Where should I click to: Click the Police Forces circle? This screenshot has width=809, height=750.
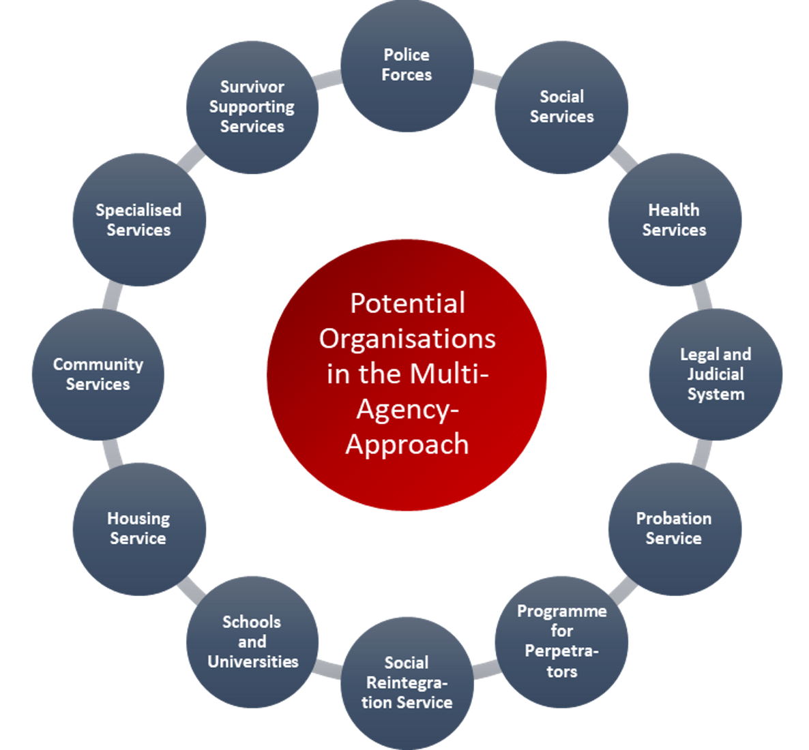click(407, 65)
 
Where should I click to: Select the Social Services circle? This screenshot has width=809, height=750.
click(561, 107)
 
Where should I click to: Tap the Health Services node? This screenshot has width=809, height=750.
click(674, 220)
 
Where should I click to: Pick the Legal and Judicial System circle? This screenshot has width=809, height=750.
click(715, 374)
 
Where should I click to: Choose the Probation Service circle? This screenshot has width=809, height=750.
click(674, 528)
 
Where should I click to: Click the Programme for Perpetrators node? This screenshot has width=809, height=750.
click(561, 641)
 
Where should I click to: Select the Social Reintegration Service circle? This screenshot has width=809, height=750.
click(407, 682)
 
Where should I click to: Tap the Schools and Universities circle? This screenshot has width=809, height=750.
click(252, 641)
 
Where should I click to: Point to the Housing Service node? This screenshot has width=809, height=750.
click(138, 528)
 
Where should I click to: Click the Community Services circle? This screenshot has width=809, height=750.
click(98, 374)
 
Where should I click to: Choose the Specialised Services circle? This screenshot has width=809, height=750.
click(138, 220)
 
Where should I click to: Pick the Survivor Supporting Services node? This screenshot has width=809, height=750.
click(252, 107)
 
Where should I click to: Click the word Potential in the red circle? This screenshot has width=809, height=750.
click(407, 303)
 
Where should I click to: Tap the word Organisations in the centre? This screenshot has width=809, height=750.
click(407, 339)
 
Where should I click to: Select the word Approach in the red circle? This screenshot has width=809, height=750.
click(407, 444)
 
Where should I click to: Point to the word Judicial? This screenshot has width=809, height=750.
click(715, 374)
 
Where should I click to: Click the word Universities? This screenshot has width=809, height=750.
click(253, 661)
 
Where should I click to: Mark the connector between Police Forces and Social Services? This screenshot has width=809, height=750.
click(486, 78)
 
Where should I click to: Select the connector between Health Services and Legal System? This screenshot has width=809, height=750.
click(701, 295)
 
